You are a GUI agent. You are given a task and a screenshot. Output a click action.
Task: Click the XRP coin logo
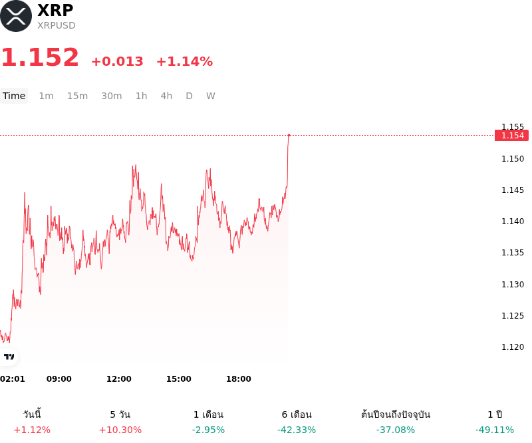coord(15,16)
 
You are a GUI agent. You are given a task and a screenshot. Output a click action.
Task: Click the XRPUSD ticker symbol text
coord(57,25)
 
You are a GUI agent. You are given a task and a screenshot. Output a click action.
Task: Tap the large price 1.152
coord(41,57)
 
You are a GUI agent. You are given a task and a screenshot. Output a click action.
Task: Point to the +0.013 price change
coord(118,61)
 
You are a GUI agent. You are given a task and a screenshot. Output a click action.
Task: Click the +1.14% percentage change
coord(185,61)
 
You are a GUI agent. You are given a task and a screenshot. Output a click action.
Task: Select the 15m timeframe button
coord(77,96)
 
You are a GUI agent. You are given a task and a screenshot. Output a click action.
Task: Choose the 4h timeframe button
coord(166,96)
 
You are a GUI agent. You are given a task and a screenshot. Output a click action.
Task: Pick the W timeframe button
coord(211,96)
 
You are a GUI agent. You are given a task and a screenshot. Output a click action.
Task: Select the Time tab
coord(14,96)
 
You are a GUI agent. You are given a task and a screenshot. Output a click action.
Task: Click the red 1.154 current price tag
coord(511,136)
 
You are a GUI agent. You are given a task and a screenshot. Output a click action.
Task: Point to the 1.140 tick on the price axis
coord(513,222)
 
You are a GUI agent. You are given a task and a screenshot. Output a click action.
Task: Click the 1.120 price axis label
coord(513,347)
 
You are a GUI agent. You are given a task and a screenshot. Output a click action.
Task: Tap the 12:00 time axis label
coord(119,379)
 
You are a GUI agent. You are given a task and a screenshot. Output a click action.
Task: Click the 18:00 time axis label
coord(239,379)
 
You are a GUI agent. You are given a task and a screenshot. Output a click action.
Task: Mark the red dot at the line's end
coord(289,135)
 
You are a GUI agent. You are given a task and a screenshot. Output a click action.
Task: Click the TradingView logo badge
coord(9,357)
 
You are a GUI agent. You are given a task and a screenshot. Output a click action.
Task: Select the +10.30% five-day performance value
coord(120,430)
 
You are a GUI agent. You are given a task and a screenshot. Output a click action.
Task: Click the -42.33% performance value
coord(297,430)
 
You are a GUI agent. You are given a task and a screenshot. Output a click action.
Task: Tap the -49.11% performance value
coord(495,430)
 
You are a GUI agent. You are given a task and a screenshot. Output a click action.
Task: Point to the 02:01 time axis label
coord(13,379)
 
